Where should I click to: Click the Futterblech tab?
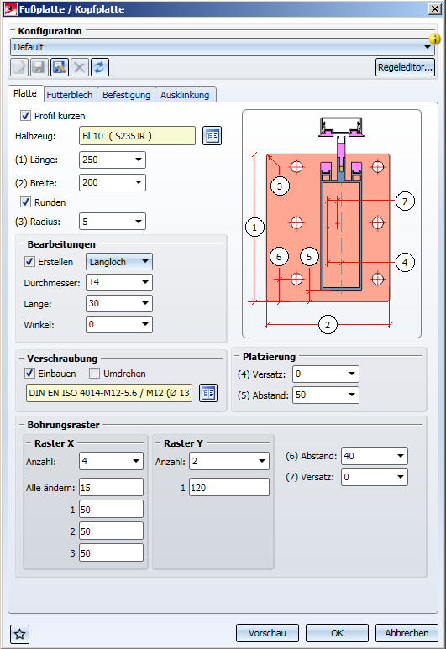coord(70,95)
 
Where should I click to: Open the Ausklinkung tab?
coord(185,95)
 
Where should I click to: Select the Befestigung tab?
coord(126,95)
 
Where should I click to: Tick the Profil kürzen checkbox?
coord(26,116)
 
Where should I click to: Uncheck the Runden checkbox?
coord(26,202)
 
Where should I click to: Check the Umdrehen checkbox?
coord(94,374)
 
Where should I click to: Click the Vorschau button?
coord(268,633)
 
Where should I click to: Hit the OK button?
coord(337,633)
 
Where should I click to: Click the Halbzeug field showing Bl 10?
coord(137,136)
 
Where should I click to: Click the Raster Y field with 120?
coord(229,488)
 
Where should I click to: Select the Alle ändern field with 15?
coord(112,488)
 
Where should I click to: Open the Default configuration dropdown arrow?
coord(428,47)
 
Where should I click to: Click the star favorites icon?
coord(20,634)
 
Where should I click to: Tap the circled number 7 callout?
coord(405,202)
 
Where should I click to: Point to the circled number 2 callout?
coord(328,325)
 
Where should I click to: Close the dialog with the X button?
coord(435,9)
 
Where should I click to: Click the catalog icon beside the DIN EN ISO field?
coord(208,393)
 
